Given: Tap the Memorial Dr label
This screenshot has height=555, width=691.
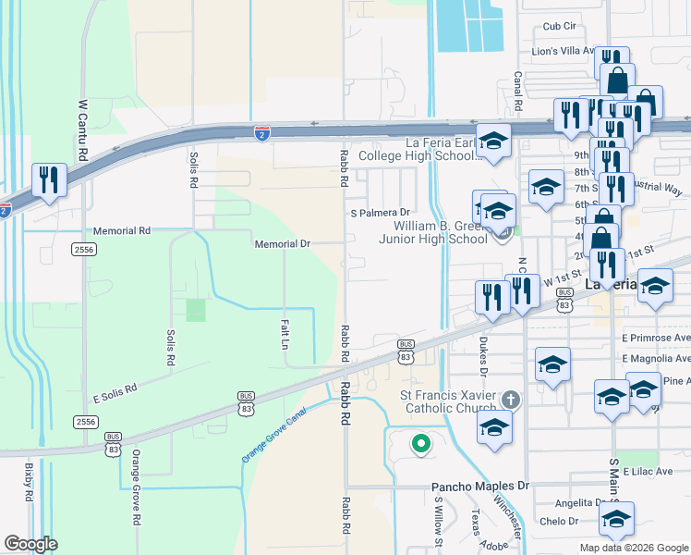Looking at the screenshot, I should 282,243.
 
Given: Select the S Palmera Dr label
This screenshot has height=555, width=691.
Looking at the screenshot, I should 379,212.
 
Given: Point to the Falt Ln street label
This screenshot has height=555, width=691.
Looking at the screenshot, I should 285,332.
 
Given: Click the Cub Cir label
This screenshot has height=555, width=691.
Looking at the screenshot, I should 559,27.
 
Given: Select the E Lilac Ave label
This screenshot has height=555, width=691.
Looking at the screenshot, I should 650,472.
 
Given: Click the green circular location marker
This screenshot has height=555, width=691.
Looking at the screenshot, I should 420,445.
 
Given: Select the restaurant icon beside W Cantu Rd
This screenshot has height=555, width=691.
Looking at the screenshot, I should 46,179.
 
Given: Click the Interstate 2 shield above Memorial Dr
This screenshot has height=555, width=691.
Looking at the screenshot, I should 262,133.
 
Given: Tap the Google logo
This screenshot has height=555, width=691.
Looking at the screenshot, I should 30,544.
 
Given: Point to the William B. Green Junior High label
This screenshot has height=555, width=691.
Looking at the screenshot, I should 440,232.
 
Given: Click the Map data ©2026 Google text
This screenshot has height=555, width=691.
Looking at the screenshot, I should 633,548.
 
